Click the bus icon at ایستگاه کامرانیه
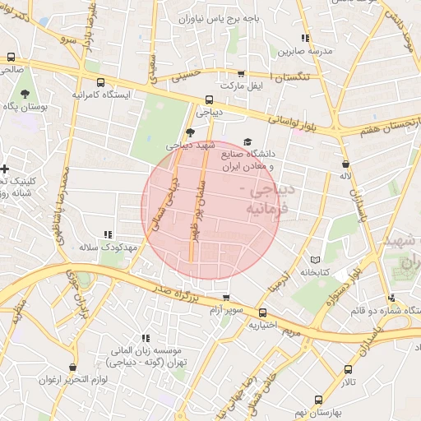point(100,83)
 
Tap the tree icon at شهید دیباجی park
point(191,132)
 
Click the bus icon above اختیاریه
point(263,312)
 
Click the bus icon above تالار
point(349,370)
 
